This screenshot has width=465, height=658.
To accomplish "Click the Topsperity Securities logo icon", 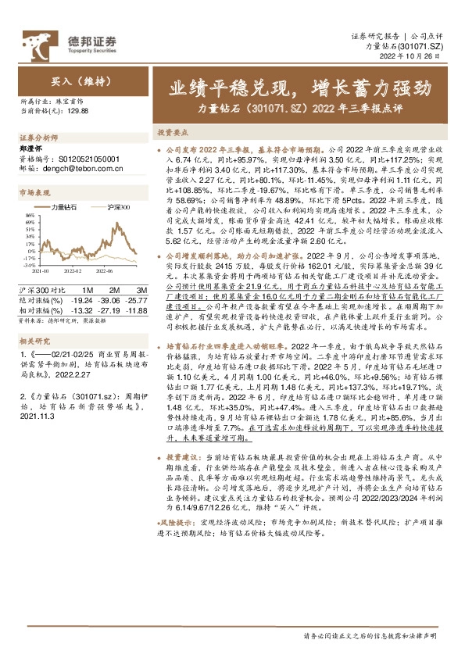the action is [34, 41].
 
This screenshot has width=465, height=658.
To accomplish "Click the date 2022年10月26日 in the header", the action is [422, 57].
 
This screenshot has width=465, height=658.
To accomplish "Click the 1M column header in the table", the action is [87, 268].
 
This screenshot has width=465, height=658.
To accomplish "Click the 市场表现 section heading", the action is [34, 191].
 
